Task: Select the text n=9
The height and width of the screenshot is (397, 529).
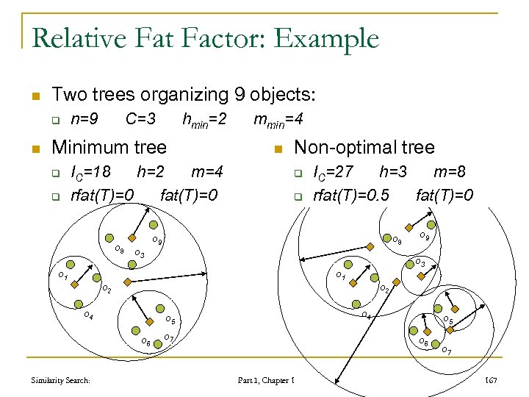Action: pyautogui.click(x=84, y=119)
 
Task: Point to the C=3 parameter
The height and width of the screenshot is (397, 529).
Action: pyautogui.click(x=140, y=119)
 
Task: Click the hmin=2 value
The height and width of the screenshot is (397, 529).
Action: pyautogui.click(x=204, y=119)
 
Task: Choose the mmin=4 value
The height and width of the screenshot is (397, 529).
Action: pyautogui.click(x=280, y=119)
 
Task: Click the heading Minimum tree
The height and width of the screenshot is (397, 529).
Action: pyautogui.click(x=109, y=147)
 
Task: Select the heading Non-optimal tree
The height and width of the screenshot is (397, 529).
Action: pyautogui.click(x=364, y=147)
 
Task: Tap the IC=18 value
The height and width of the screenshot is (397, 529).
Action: pyautogui.click(x=90, y=173)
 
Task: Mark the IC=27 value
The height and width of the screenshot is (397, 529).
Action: pyautogui.click(x=334, y=173)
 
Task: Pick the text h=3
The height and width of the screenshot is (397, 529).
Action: pyautogui.click(x=395, y=173)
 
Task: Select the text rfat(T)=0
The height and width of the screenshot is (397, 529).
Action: pyautogui.click(x=101, y=195)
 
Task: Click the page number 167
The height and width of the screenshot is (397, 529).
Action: pyautogui.click(x=492, y=380)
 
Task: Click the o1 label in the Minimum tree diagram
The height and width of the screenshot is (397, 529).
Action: pyautogui.click(x=63, y=276)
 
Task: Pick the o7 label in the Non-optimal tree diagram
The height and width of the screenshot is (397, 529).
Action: pyautogui.click(x=446, y=350)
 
